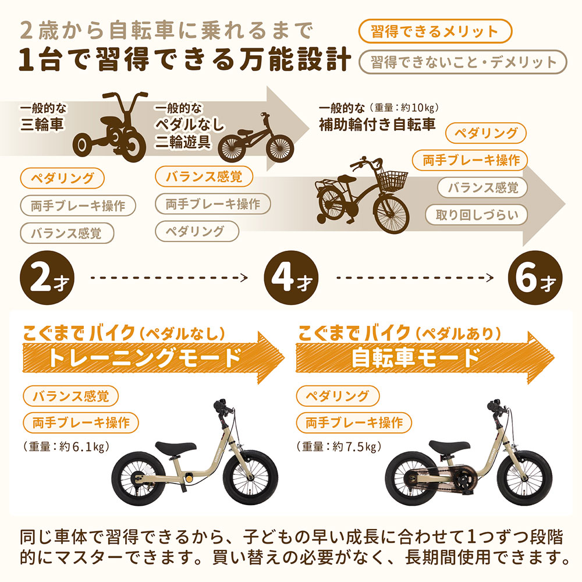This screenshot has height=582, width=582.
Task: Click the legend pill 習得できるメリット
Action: click(x=435, y=31)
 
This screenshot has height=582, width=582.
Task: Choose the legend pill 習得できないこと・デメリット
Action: click(x=463, y=62)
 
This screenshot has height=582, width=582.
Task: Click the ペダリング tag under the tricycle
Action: click(x=62, y=178)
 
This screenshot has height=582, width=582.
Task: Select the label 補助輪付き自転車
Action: click(x=377, y=125)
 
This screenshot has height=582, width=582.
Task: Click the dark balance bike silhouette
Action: click(x=255, y=137)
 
